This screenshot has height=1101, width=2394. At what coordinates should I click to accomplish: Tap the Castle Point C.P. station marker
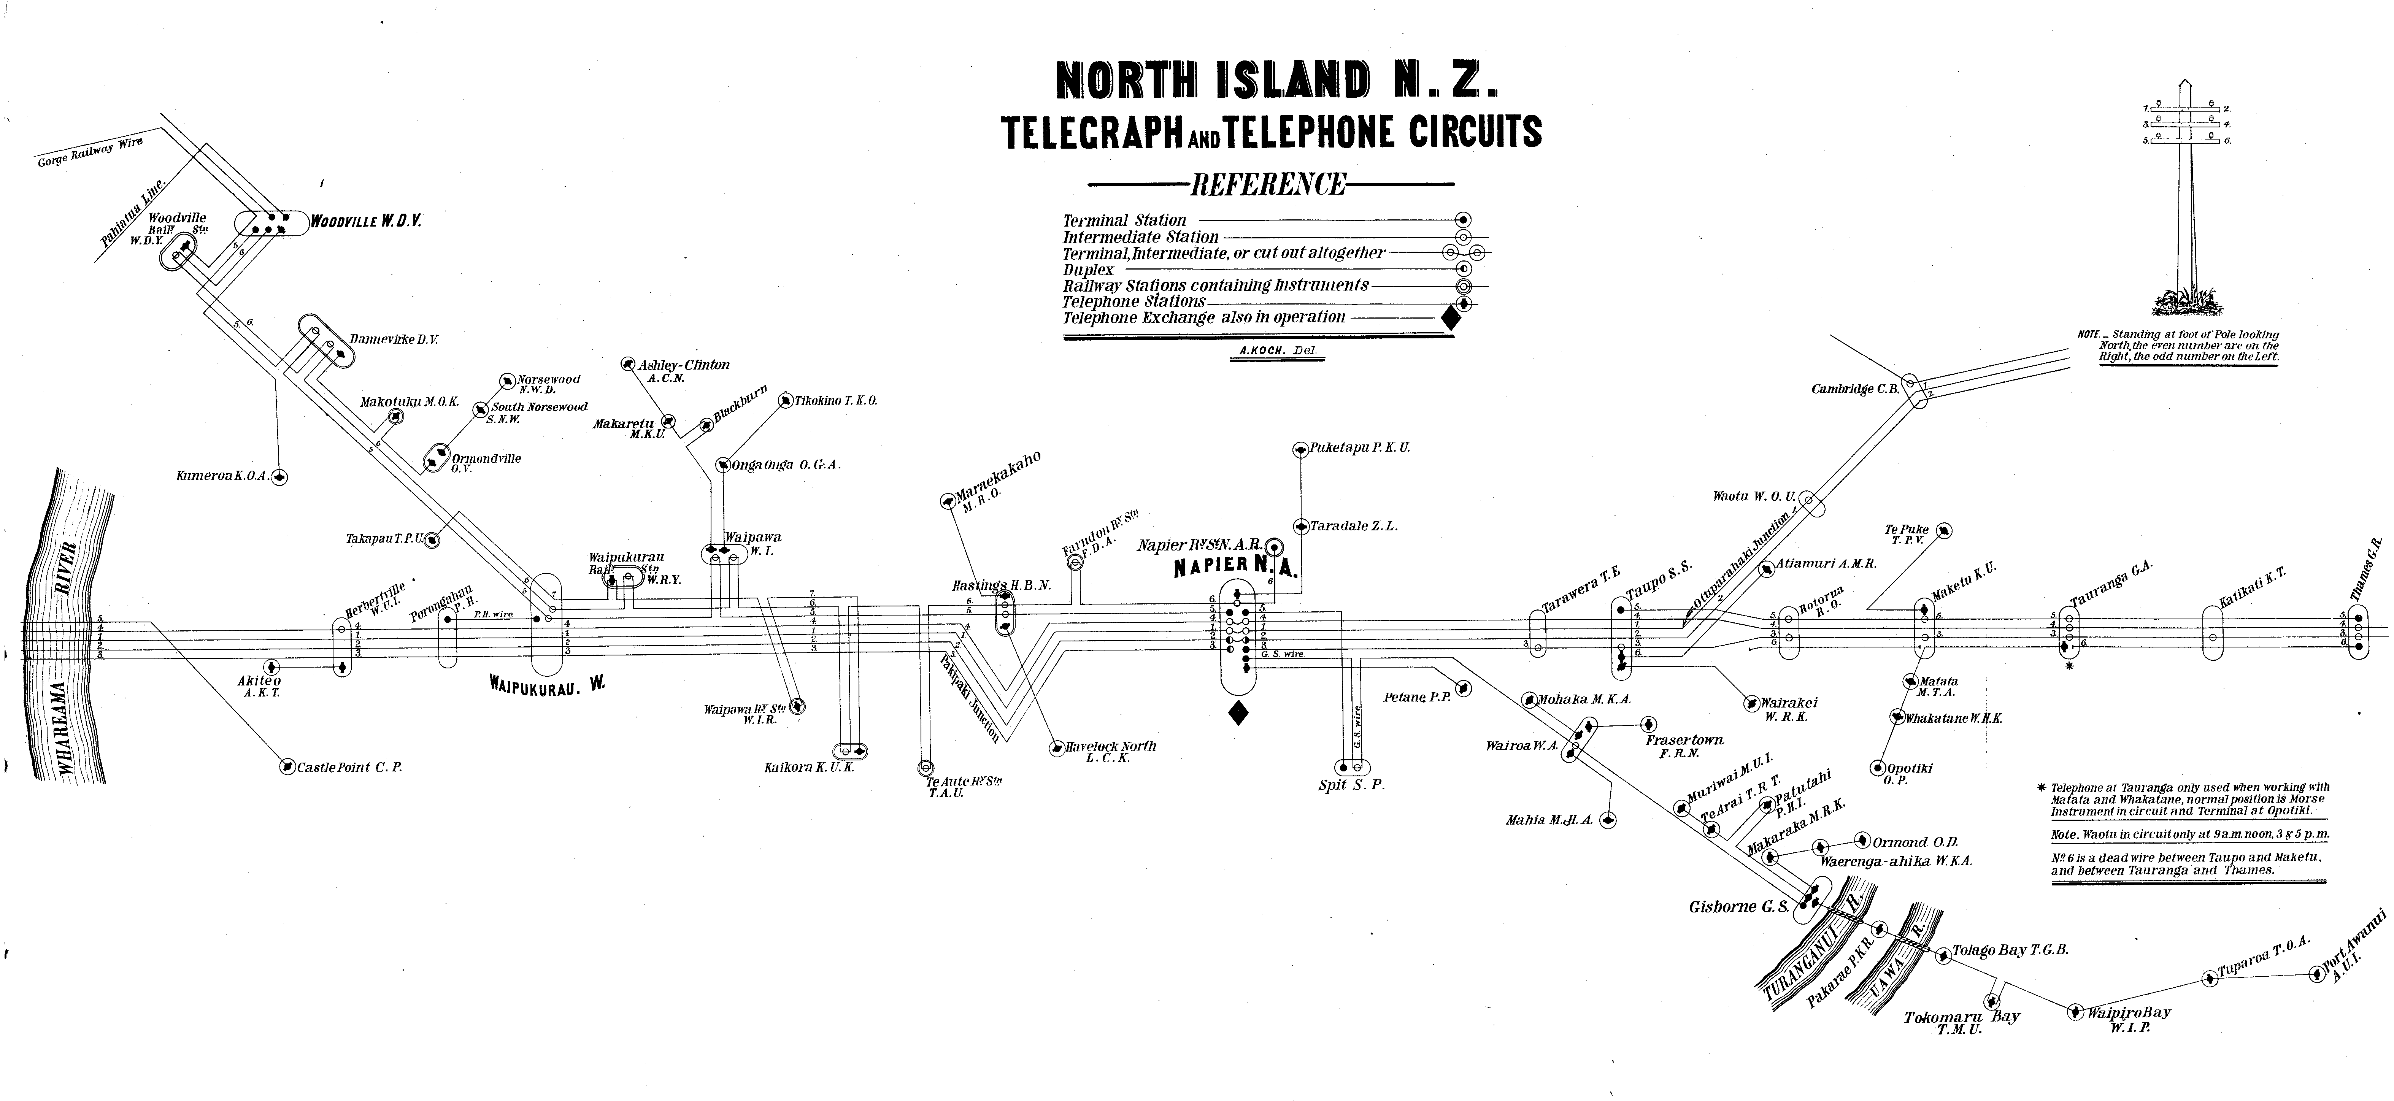tap(287, 768)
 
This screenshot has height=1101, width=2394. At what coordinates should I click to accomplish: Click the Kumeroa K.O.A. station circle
tap(280, 477)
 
